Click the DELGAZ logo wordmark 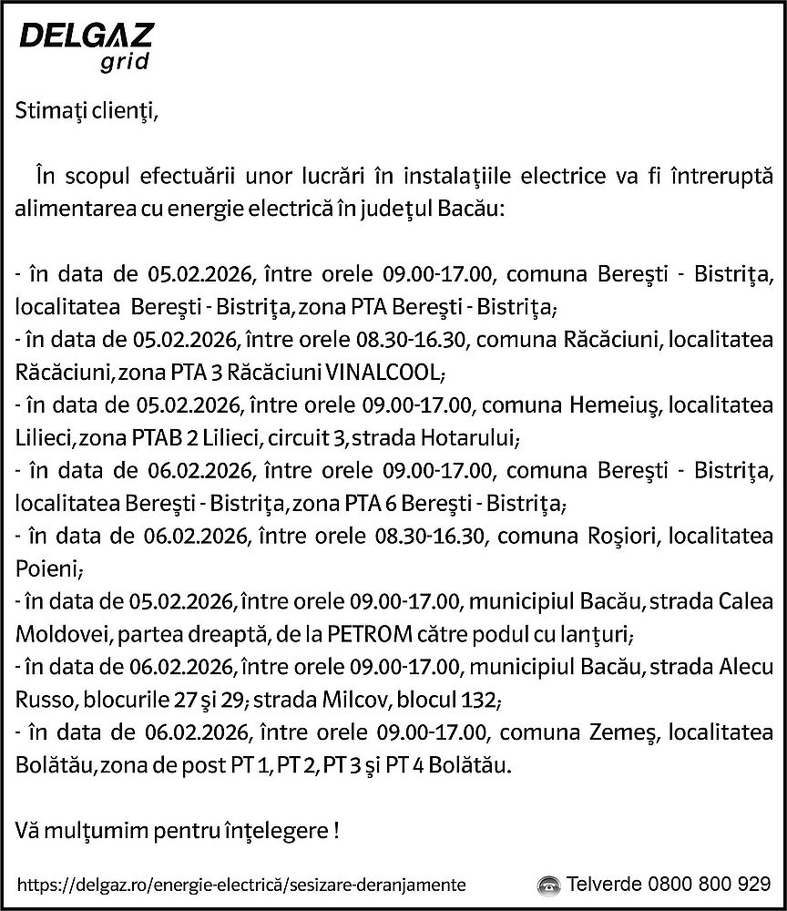tap(87, 37)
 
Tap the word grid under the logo tap(121, 64)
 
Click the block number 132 tap(478, 701)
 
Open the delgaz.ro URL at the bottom tap(241, 885)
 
